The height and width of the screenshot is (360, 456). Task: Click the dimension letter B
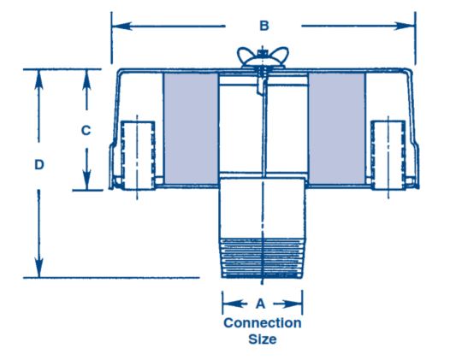[264, 26]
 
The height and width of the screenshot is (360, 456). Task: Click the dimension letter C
[86, 131]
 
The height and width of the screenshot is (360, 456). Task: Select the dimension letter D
[39, 165]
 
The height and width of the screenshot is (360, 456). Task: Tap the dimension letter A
[261, 304]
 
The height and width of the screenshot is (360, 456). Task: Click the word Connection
[263, 323]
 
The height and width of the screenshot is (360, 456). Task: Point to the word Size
[263, 339]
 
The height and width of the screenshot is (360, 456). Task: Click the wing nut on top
[263, 57]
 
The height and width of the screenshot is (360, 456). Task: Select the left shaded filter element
[191, 128]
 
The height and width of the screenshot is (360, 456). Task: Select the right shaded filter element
[336, 128]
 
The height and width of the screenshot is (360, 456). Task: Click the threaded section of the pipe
[263, 258]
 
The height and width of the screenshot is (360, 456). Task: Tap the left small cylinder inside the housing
[138, 155]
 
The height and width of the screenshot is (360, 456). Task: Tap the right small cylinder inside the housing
[388, 155]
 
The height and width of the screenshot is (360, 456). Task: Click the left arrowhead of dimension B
[121, 27]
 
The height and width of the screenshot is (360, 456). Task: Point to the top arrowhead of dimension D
[38, 80]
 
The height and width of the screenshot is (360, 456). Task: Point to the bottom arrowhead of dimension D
[38, 268]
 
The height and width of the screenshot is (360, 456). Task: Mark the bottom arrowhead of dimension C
[86, 180]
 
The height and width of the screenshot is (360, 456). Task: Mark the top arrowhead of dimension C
[86, 80]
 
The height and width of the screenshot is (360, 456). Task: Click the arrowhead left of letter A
[232, 304]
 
